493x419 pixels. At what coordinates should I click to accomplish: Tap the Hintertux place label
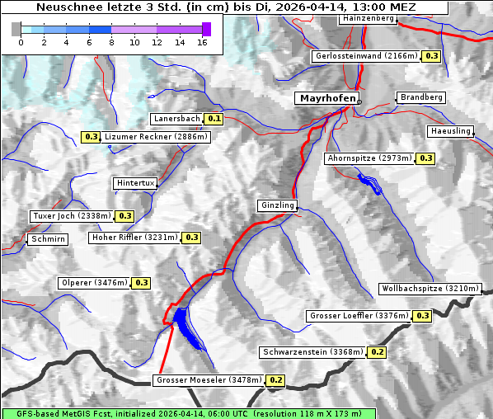coord(135,183)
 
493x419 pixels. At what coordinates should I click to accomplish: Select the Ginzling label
coord(277,205)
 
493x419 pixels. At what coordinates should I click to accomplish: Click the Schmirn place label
coord(47,240)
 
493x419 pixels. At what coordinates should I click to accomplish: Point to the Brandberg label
coord(422,97)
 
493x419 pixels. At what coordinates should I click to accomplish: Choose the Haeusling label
coord(450,132)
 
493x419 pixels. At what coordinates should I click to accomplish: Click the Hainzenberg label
coord(367,18)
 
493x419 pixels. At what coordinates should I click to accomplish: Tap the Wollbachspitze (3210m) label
coord(430,289)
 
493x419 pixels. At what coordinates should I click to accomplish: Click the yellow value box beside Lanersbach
coord(214,119)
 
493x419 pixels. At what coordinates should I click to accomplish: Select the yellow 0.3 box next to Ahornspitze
coord(425,158)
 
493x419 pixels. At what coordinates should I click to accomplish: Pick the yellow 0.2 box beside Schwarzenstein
coord(377,352)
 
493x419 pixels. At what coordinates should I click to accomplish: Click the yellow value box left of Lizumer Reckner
coord(91,137)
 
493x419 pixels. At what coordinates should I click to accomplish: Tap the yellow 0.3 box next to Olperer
coord(141,283)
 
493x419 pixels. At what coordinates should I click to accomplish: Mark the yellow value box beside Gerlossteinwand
coord(431,56)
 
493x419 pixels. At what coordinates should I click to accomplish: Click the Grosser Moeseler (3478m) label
coord(209,380)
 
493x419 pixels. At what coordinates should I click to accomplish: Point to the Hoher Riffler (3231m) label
coord(134,238)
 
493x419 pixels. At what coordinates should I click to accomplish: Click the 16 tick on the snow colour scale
coord(203,42)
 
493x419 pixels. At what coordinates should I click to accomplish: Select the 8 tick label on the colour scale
coord(111,42)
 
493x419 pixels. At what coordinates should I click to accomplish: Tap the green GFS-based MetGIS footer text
coord(188,413)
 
